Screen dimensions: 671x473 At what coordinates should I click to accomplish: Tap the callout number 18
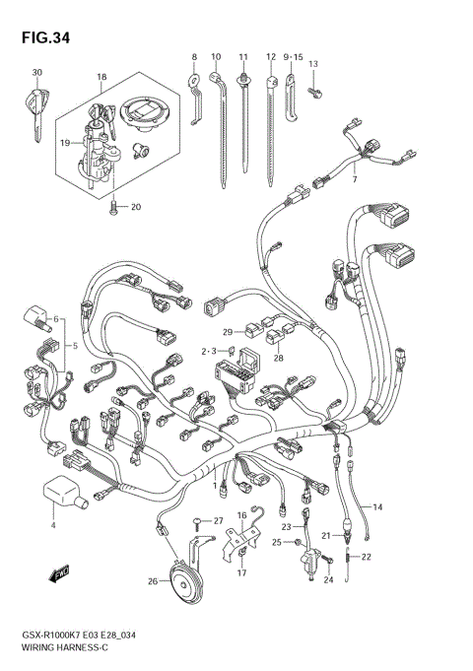[x=101, y=76]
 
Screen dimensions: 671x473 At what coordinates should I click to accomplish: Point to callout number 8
[x=194, y=57]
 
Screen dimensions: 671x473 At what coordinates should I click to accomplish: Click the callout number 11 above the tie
[x=242, y=57]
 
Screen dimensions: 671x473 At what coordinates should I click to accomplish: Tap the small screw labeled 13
[x=313, y=92]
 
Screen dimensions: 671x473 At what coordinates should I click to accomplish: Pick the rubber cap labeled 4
[x=60, y=494]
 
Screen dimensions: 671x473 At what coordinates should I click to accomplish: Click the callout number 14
[x=378, y=506]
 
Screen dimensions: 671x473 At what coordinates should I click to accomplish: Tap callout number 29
[x=227, y=331]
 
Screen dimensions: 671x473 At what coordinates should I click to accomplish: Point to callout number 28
[x=278, y=359]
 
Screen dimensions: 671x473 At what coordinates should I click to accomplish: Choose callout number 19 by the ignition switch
[x=65, y=142]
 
